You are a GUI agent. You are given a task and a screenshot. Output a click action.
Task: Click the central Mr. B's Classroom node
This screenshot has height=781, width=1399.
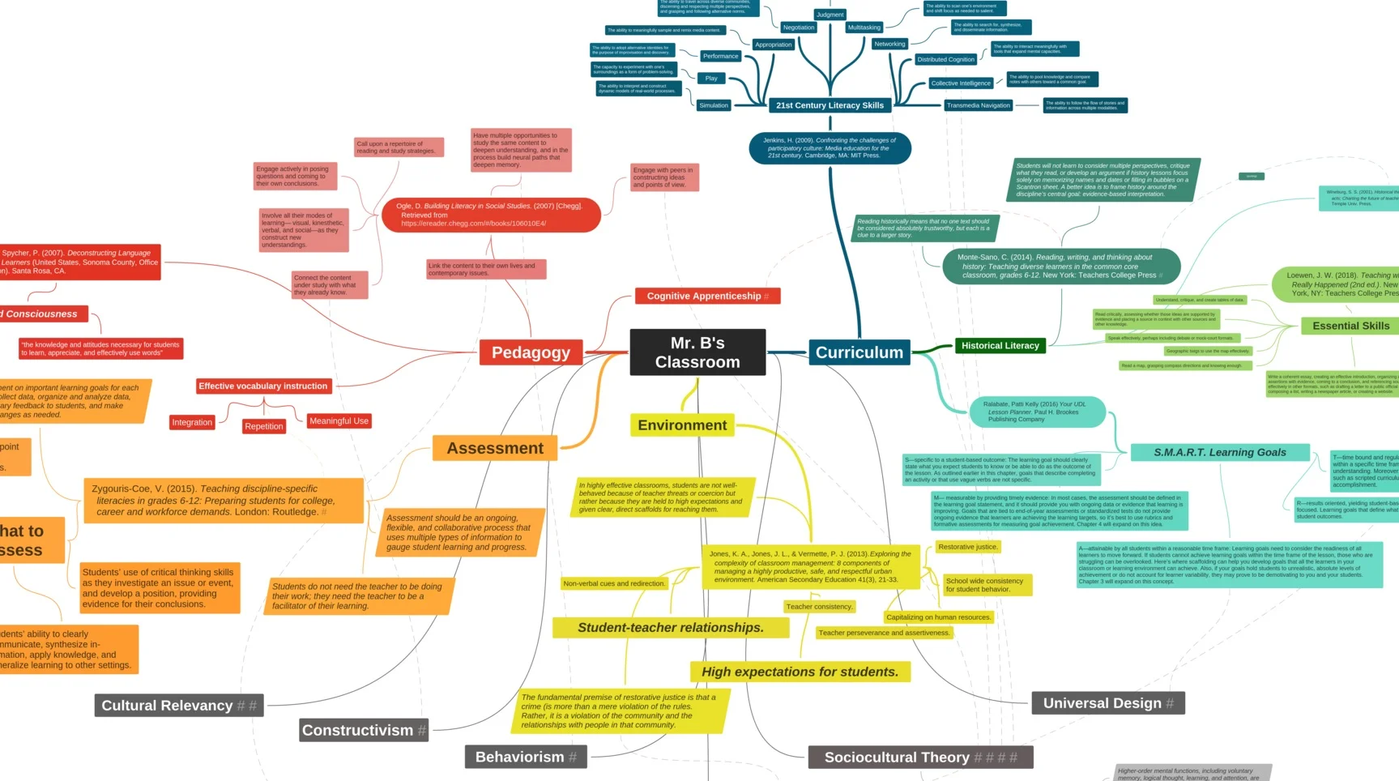697,352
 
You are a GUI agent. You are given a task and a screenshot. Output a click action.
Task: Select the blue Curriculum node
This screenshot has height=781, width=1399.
859,352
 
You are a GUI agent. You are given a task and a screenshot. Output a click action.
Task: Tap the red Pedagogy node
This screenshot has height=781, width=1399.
531,352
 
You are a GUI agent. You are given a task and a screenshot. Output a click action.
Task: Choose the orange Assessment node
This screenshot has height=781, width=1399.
495,448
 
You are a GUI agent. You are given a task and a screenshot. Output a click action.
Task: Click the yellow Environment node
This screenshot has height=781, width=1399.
682,425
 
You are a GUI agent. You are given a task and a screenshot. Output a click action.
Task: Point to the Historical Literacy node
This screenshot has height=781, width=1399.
1000,346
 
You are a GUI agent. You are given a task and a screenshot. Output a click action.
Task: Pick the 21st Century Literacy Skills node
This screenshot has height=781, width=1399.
830,105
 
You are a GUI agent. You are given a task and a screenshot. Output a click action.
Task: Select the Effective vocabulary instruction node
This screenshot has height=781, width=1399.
263,386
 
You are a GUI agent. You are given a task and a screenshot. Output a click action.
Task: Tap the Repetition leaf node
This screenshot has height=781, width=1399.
264,426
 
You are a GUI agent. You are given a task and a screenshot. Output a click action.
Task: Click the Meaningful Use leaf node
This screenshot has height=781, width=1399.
339,421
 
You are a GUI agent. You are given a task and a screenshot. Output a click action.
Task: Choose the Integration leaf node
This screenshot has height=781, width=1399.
192,423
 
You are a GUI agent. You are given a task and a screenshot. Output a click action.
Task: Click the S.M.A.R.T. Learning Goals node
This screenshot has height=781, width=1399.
1219,453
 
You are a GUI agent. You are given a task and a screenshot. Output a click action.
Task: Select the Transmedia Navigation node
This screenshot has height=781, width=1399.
978,105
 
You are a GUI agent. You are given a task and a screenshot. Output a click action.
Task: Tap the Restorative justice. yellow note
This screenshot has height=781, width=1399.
967,548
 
